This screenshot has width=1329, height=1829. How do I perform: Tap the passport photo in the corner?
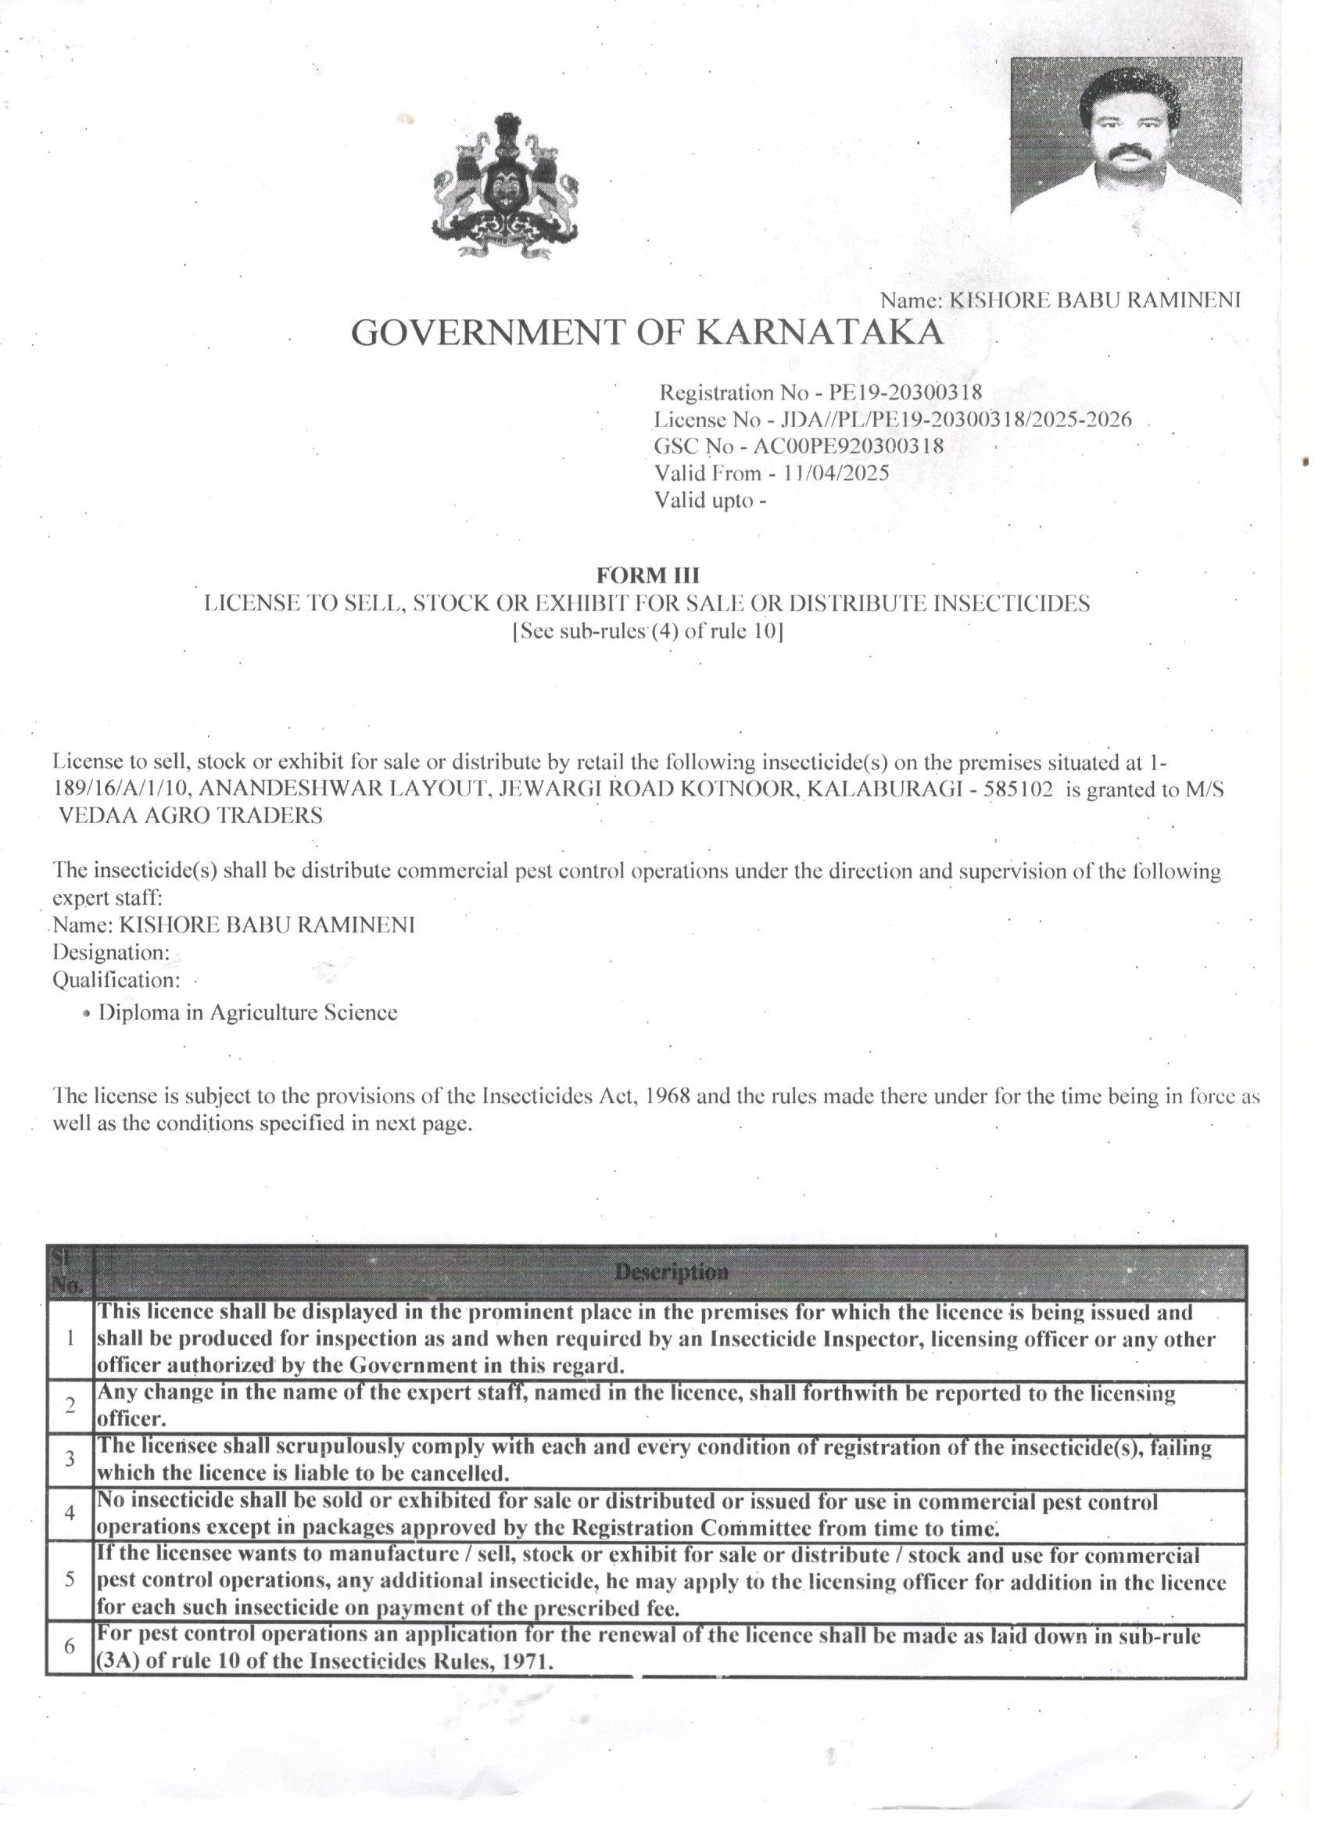[1126, 135]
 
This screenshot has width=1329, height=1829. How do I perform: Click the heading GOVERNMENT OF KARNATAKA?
[647, 332]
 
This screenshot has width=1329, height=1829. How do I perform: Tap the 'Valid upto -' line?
[710, 500]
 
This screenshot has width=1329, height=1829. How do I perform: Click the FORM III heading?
[648, 575]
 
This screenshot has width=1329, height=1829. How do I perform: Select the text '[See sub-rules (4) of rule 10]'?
[648, 631]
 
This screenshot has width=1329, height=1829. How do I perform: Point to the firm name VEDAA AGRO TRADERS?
[191, 816]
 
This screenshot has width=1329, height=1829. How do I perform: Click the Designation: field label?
[111, 952]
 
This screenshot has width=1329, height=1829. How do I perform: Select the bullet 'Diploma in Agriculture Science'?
[247, 1013]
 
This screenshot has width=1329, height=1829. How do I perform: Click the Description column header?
[671, 1273]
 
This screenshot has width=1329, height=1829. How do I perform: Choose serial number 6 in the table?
[70, 1647]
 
